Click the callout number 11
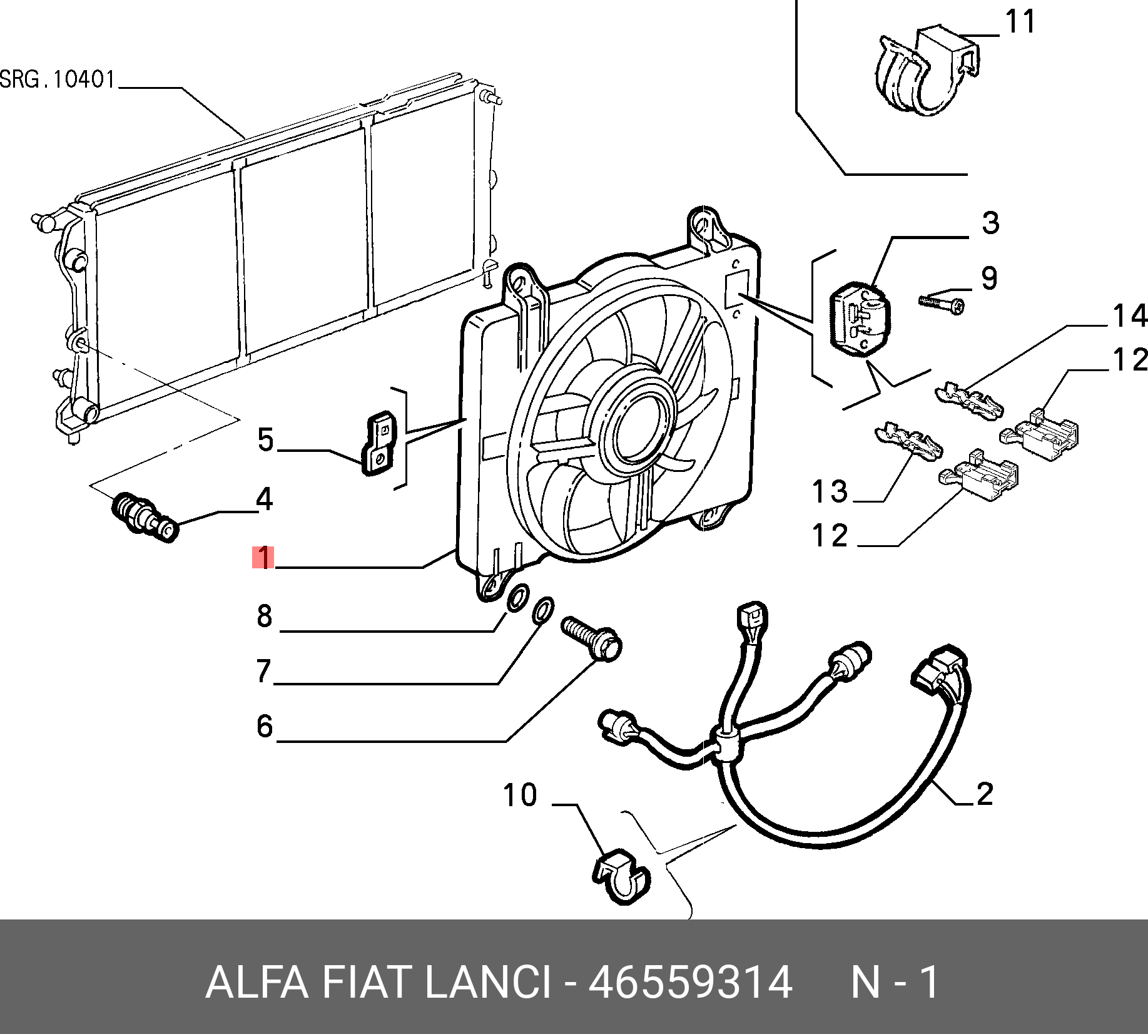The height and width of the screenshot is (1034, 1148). (x=1020, y=23)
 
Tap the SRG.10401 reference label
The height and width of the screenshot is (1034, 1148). (x=58, y=80)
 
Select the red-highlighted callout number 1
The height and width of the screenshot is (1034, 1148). (x=264, y=558)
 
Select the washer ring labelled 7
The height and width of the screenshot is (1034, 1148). (x=542, y=610)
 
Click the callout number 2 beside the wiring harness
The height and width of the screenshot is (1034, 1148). (x=984, y=794)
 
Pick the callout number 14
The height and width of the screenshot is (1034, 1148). (x=1129, y=316)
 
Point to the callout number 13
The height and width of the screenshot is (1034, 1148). (x=830, y=492)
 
